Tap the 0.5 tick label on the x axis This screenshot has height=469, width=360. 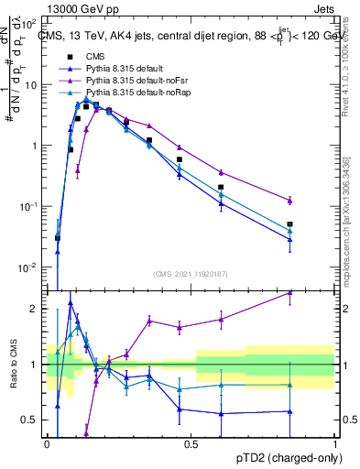191,443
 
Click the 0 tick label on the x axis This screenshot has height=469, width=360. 47,443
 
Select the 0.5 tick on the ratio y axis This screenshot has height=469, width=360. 33,420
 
